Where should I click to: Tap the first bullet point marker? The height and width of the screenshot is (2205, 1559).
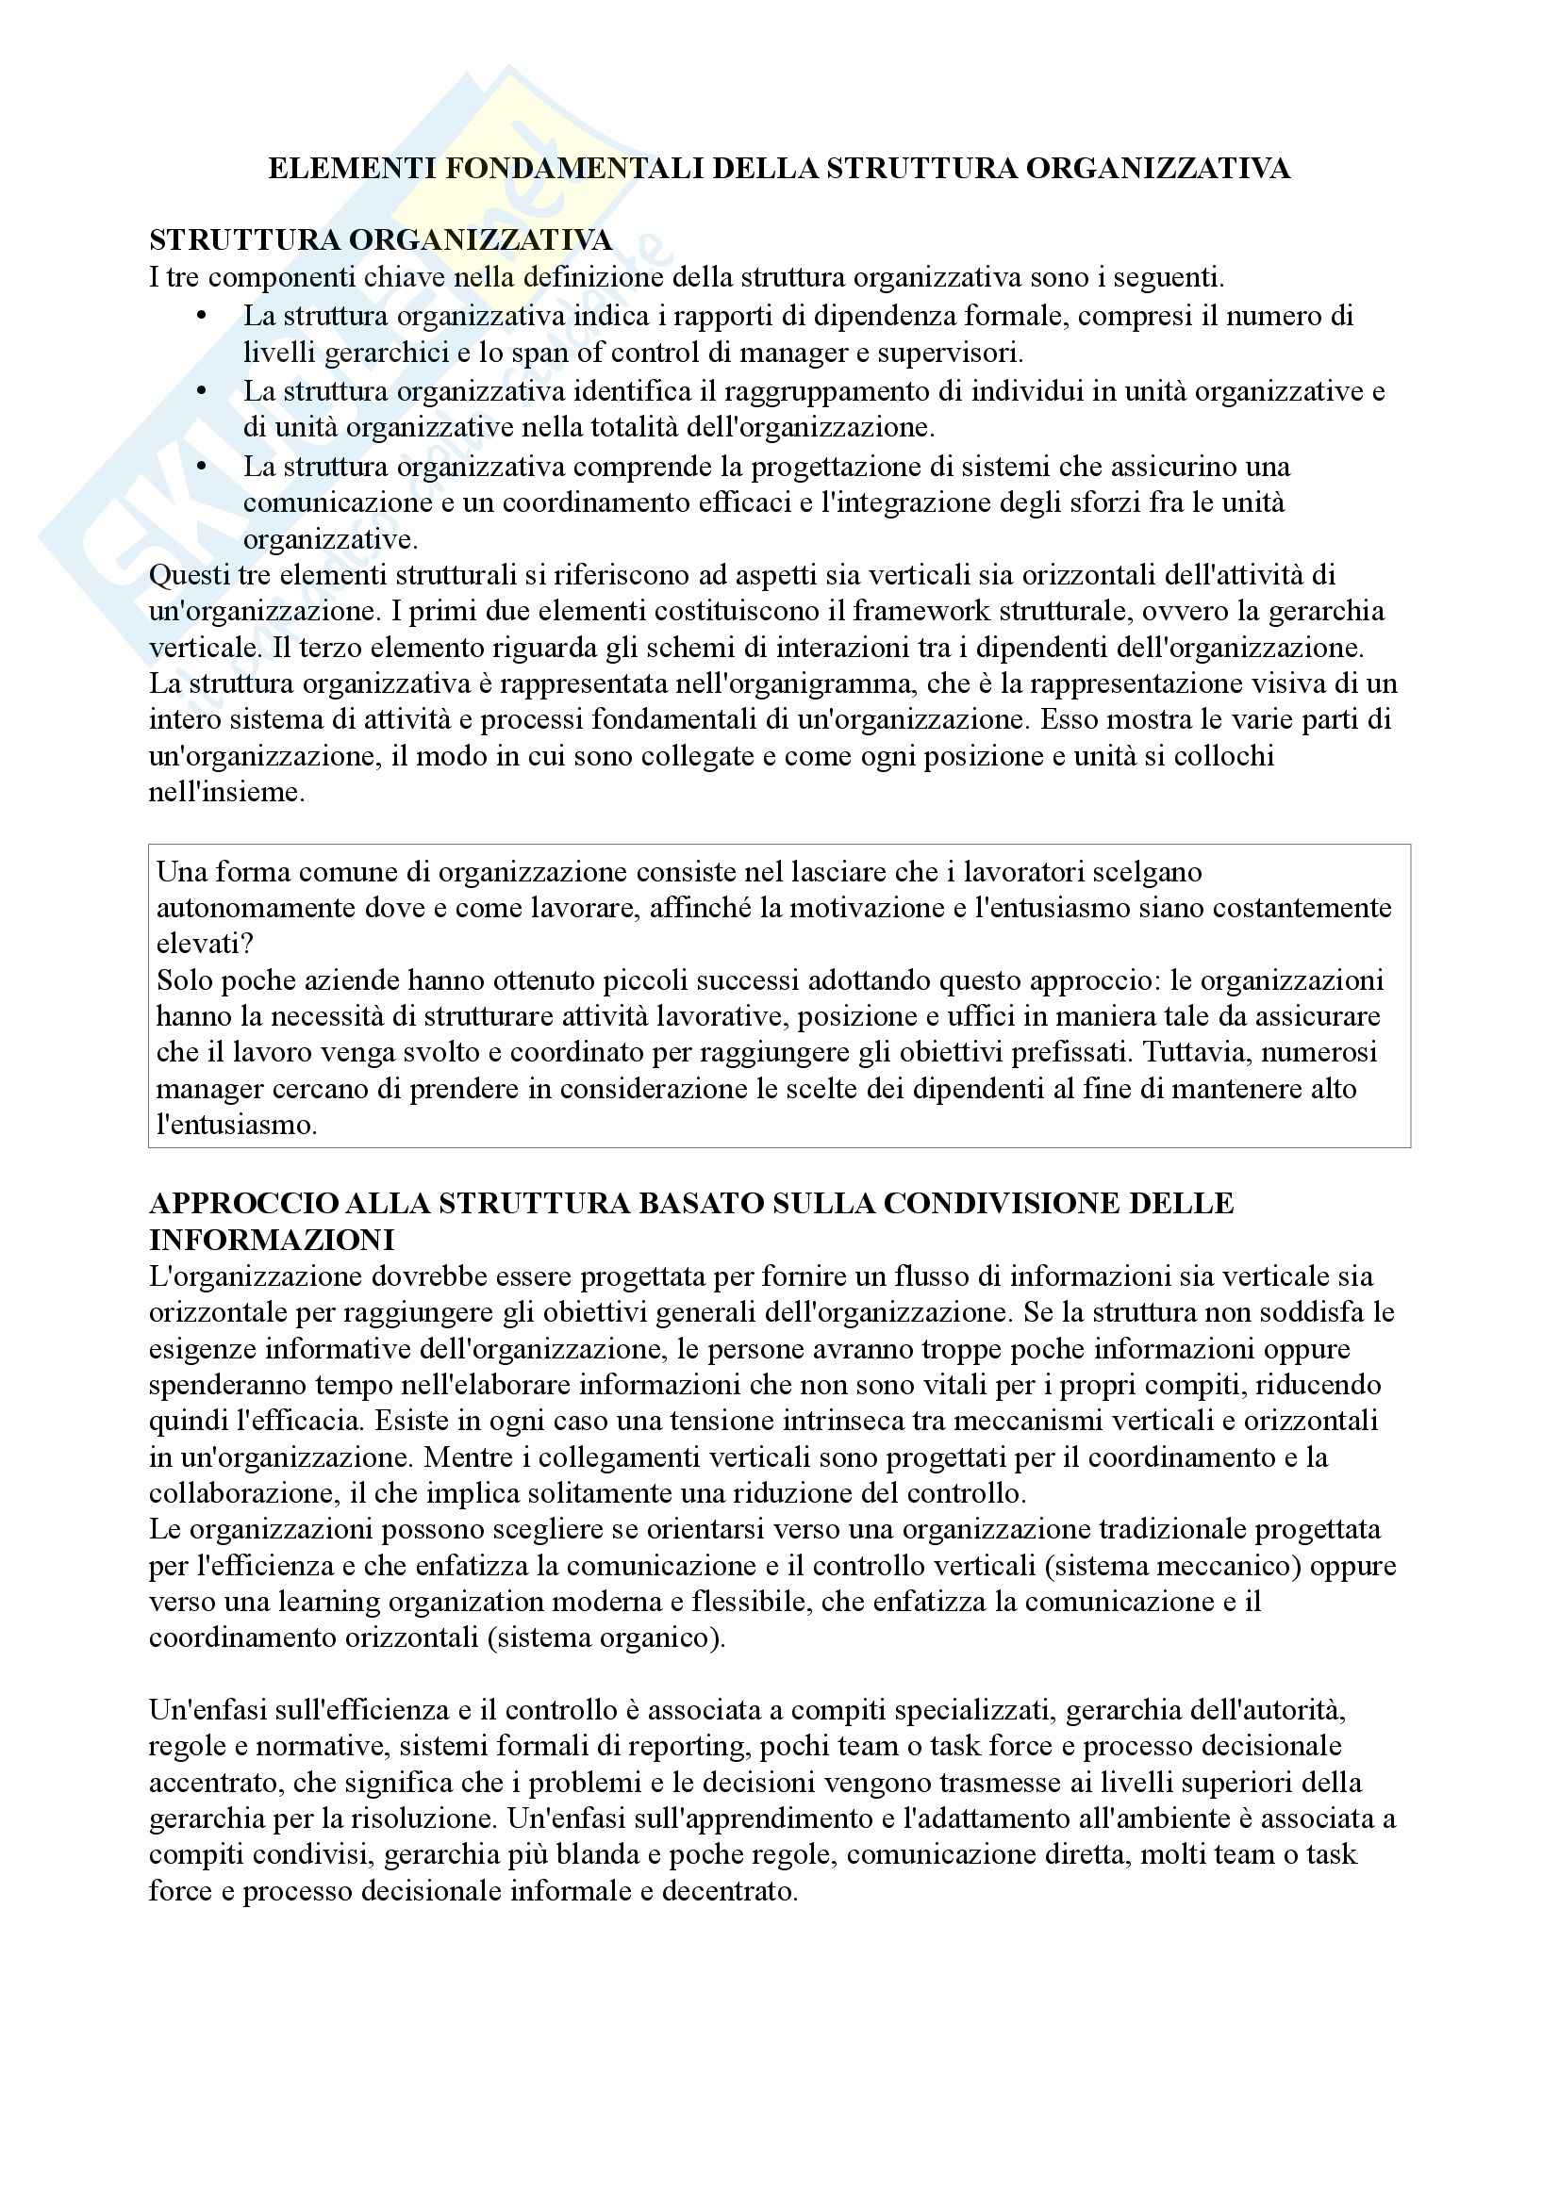(x=201, y=316)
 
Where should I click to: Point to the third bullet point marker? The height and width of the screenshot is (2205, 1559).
(x=201, y=467)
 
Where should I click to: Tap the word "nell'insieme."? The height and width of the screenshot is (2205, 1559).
(x=226, y=792)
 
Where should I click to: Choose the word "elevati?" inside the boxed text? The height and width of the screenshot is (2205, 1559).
(x=205, y=944)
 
